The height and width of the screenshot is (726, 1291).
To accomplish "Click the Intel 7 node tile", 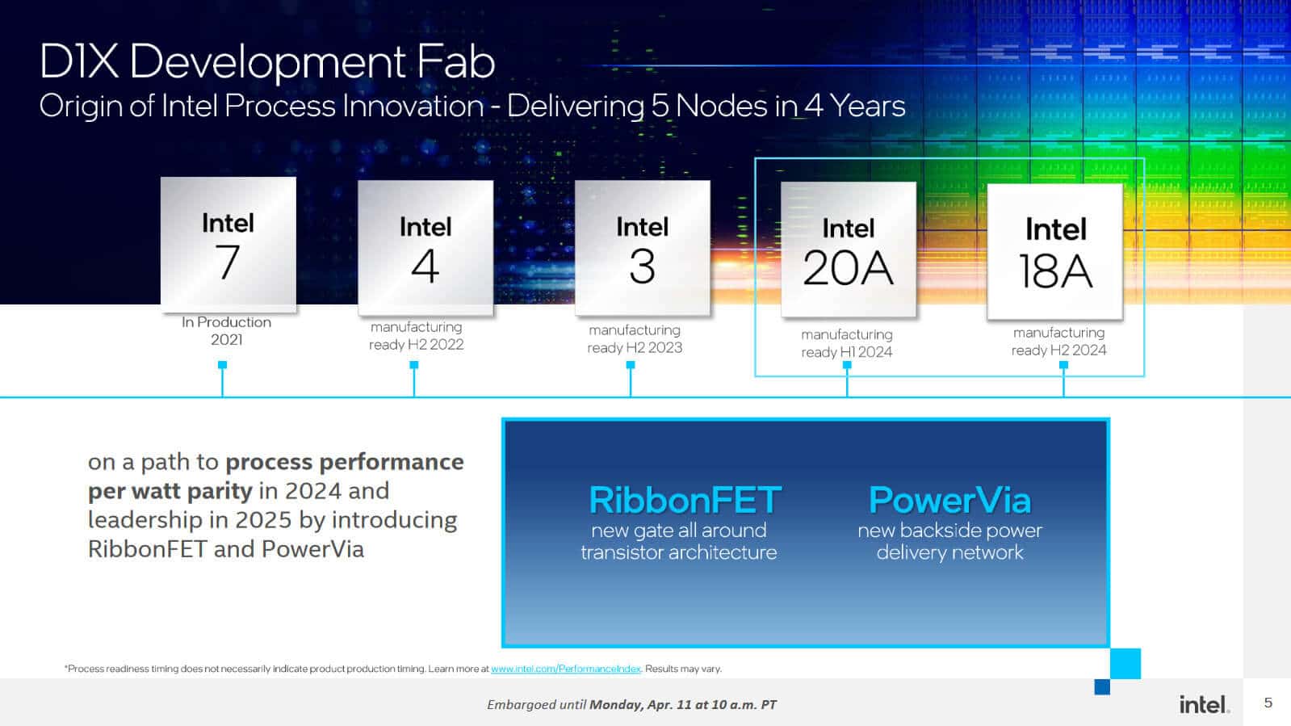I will [x=228, y=245].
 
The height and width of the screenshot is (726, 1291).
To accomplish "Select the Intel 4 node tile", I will [x=425, y=248].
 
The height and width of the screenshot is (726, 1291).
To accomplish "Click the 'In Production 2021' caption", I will [x=226, y=330].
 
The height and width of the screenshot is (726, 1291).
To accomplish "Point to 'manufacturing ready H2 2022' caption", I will [x=416, y=335].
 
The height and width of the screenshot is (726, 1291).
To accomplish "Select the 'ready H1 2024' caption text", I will [x=846, y=352].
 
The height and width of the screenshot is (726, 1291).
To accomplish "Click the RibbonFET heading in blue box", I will [x=685, y=500].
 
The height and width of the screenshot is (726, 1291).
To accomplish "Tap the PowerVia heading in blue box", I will [x=949, y=500].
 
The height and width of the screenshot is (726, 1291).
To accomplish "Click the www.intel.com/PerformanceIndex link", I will [x=565, y=669].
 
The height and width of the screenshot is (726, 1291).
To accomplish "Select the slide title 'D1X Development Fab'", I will [x=266, y=62].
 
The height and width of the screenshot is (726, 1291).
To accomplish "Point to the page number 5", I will [x=1268, y=703].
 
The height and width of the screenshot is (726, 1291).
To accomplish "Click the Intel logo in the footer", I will [x=1204, y=704].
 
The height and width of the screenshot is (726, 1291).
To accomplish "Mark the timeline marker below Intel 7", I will [x=223, y=365].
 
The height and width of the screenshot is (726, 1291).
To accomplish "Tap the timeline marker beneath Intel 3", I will [x=631, y=365].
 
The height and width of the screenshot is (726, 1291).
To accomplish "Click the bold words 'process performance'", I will [x=345, y=462].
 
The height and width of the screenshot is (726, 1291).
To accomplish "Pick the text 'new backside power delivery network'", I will [x=949, y=541].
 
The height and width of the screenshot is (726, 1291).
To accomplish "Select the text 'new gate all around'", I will [x=678, y=531].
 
